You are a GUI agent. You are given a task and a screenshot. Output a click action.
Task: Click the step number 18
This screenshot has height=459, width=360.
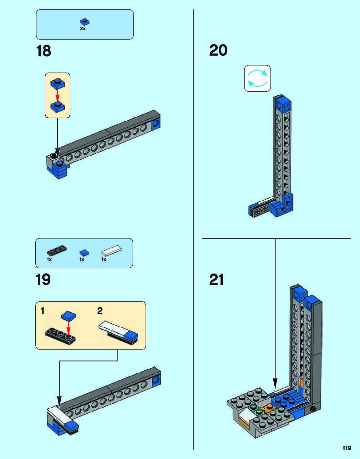point(43,51)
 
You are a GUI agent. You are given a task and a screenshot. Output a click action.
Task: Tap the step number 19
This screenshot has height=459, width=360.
point(43,280)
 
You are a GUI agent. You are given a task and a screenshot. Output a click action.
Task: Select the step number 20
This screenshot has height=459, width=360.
point(218,50)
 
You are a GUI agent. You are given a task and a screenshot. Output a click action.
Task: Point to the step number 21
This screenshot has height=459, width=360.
point(216,280)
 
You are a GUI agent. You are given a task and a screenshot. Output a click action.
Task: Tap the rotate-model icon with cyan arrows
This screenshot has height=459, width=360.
point(257,78)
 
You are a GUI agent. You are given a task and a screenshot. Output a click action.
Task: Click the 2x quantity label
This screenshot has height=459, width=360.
point(83,28)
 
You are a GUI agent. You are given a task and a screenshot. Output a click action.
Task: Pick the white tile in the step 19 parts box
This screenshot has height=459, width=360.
point(111,250)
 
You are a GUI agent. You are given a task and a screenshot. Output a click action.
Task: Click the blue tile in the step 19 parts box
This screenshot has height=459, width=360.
point(84,253)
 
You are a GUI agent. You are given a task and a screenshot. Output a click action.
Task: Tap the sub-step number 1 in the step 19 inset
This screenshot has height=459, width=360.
point(43,311)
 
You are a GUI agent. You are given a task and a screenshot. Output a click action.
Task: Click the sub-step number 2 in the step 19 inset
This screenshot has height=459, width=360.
point(100,311)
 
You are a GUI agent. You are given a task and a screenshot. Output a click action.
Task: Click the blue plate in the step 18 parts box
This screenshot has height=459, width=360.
point(85,22)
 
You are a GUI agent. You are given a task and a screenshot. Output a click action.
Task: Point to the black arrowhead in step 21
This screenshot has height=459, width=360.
point(275,383)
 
